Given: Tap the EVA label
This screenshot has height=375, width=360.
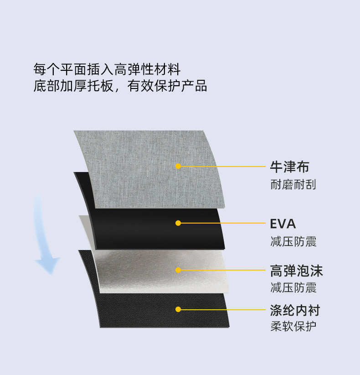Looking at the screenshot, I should [x=283, y=224].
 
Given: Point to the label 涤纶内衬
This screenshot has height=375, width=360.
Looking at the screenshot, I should [x=295, y=310].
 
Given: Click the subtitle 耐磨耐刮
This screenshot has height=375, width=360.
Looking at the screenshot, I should [x=293, y=184].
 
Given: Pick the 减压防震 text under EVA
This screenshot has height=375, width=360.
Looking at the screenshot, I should [x=293, y=241].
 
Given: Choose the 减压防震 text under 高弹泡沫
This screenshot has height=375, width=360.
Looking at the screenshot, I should [x=293, y=288].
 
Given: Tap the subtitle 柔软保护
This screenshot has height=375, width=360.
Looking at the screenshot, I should [x=293, y=327].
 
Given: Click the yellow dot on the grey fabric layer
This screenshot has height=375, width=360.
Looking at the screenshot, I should [x=178, y=166].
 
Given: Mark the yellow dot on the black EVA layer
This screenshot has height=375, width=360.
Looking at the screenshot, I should [x=178, y=223].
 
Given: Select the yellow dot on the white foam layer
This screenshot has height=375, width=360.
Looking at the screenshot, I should [x=178, y=270].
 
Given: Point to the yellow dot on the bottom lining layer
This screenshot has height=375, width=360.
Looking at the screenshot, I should [x=178, y=309].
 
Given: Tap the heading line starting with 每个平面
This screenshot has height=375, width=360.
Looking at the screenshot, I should [x=107, y=70].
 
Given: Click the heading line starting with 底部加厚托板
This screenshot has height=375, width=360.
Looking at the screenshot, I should [x=120, y=86].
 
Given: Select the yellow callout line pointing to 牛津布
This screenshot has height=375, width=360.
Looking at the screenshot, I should [x=223, y=166].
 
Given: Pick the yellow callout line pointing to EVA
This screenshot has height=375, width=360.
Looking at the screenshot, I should [x=223, y=223].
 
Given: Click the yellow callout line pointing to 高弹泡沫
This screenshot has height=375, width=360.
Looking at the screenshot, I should [x=223, y=270].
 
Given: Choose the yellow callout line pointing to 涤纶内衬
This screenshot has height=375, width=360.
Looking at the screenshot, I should [x=223, y=309].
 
